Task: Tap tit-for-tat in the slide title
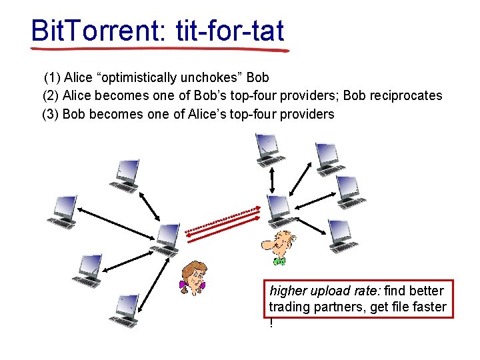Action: (230, 30)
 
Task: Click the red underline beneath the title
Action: (160, 49)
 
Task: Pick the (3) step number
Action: (50, 114)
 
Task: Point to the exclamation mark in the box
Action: (271, 323)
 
